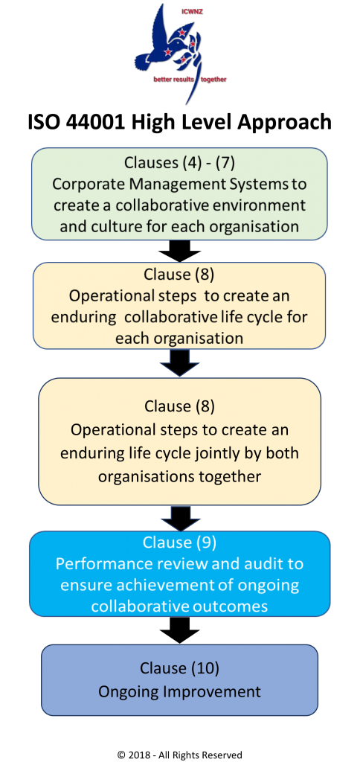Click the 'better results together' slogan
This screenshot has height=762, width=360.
tap(190, 79)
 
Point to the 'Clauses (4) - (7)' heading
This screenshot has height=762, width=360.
tap(180, 163)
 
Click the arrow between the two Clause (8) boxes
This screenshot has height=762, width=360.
tap(180, 362)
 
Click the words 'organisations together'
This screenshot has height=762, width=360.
tap(180, 476)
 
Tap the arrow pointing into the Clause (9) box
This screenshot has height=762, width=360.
tap(181, 519)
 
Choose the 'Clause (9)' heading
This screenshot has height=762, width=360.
tap(180, 542)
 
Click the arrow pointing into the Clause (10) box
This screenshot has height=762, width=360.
tap(180, 630)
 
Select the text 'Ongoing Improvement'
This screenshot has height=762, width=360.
tap(180, 691)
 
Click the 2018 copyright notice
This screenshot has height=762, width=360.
tap(180, 755)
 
